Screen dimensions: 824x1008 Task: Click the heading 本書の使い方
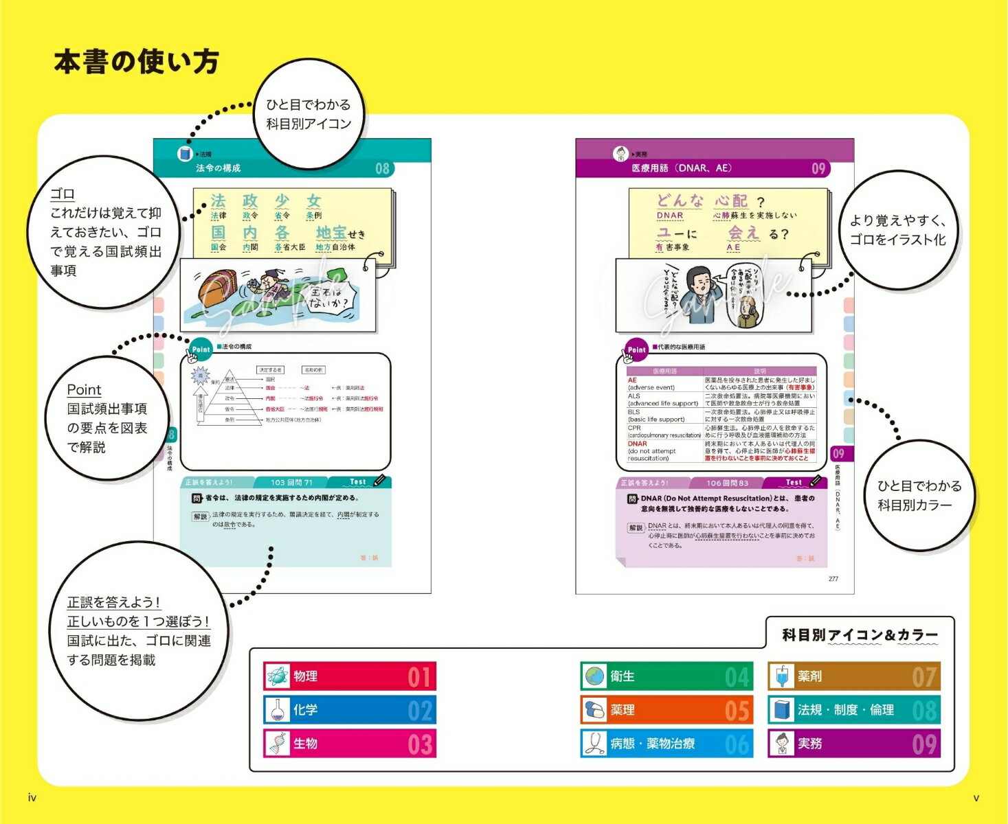(x=136, y=62)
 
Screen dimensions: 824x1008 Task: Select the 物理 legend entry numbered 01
(x=350, y=676)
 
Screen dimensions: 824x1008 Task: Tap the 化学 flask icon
(x=278, y=710)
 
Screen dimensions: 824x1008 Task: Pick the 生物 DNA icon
(x=278, y=744)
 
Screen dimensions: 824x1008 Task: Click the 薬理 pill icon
(x=594, y=710)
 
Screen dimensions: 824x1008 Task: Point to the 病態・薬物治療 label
(x=652, y=744)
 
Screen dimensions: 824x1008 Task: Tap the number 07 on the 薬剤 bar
(x=924, y=677)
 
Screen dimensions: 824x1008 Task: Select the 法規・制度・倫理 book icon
(x=781, y=710)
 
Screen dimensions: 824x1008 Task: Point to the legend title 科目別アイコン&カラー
(x=860, y=635)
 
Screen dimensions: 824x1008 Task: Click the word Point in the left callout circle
(x=84, y=389)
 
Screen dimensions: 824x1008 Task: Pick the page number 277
(x=833, y=579)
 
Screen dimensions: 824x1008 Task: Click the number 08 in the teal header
(x=382, y=168)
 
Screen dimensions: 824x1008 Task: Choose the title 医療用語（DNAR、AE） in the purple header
(x=682, y=168)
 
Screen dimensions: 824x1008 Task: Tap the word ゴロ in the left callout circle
(x=63, y=194)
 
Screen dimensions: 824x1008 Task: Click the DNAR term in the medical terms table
(x=637, y=444)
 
